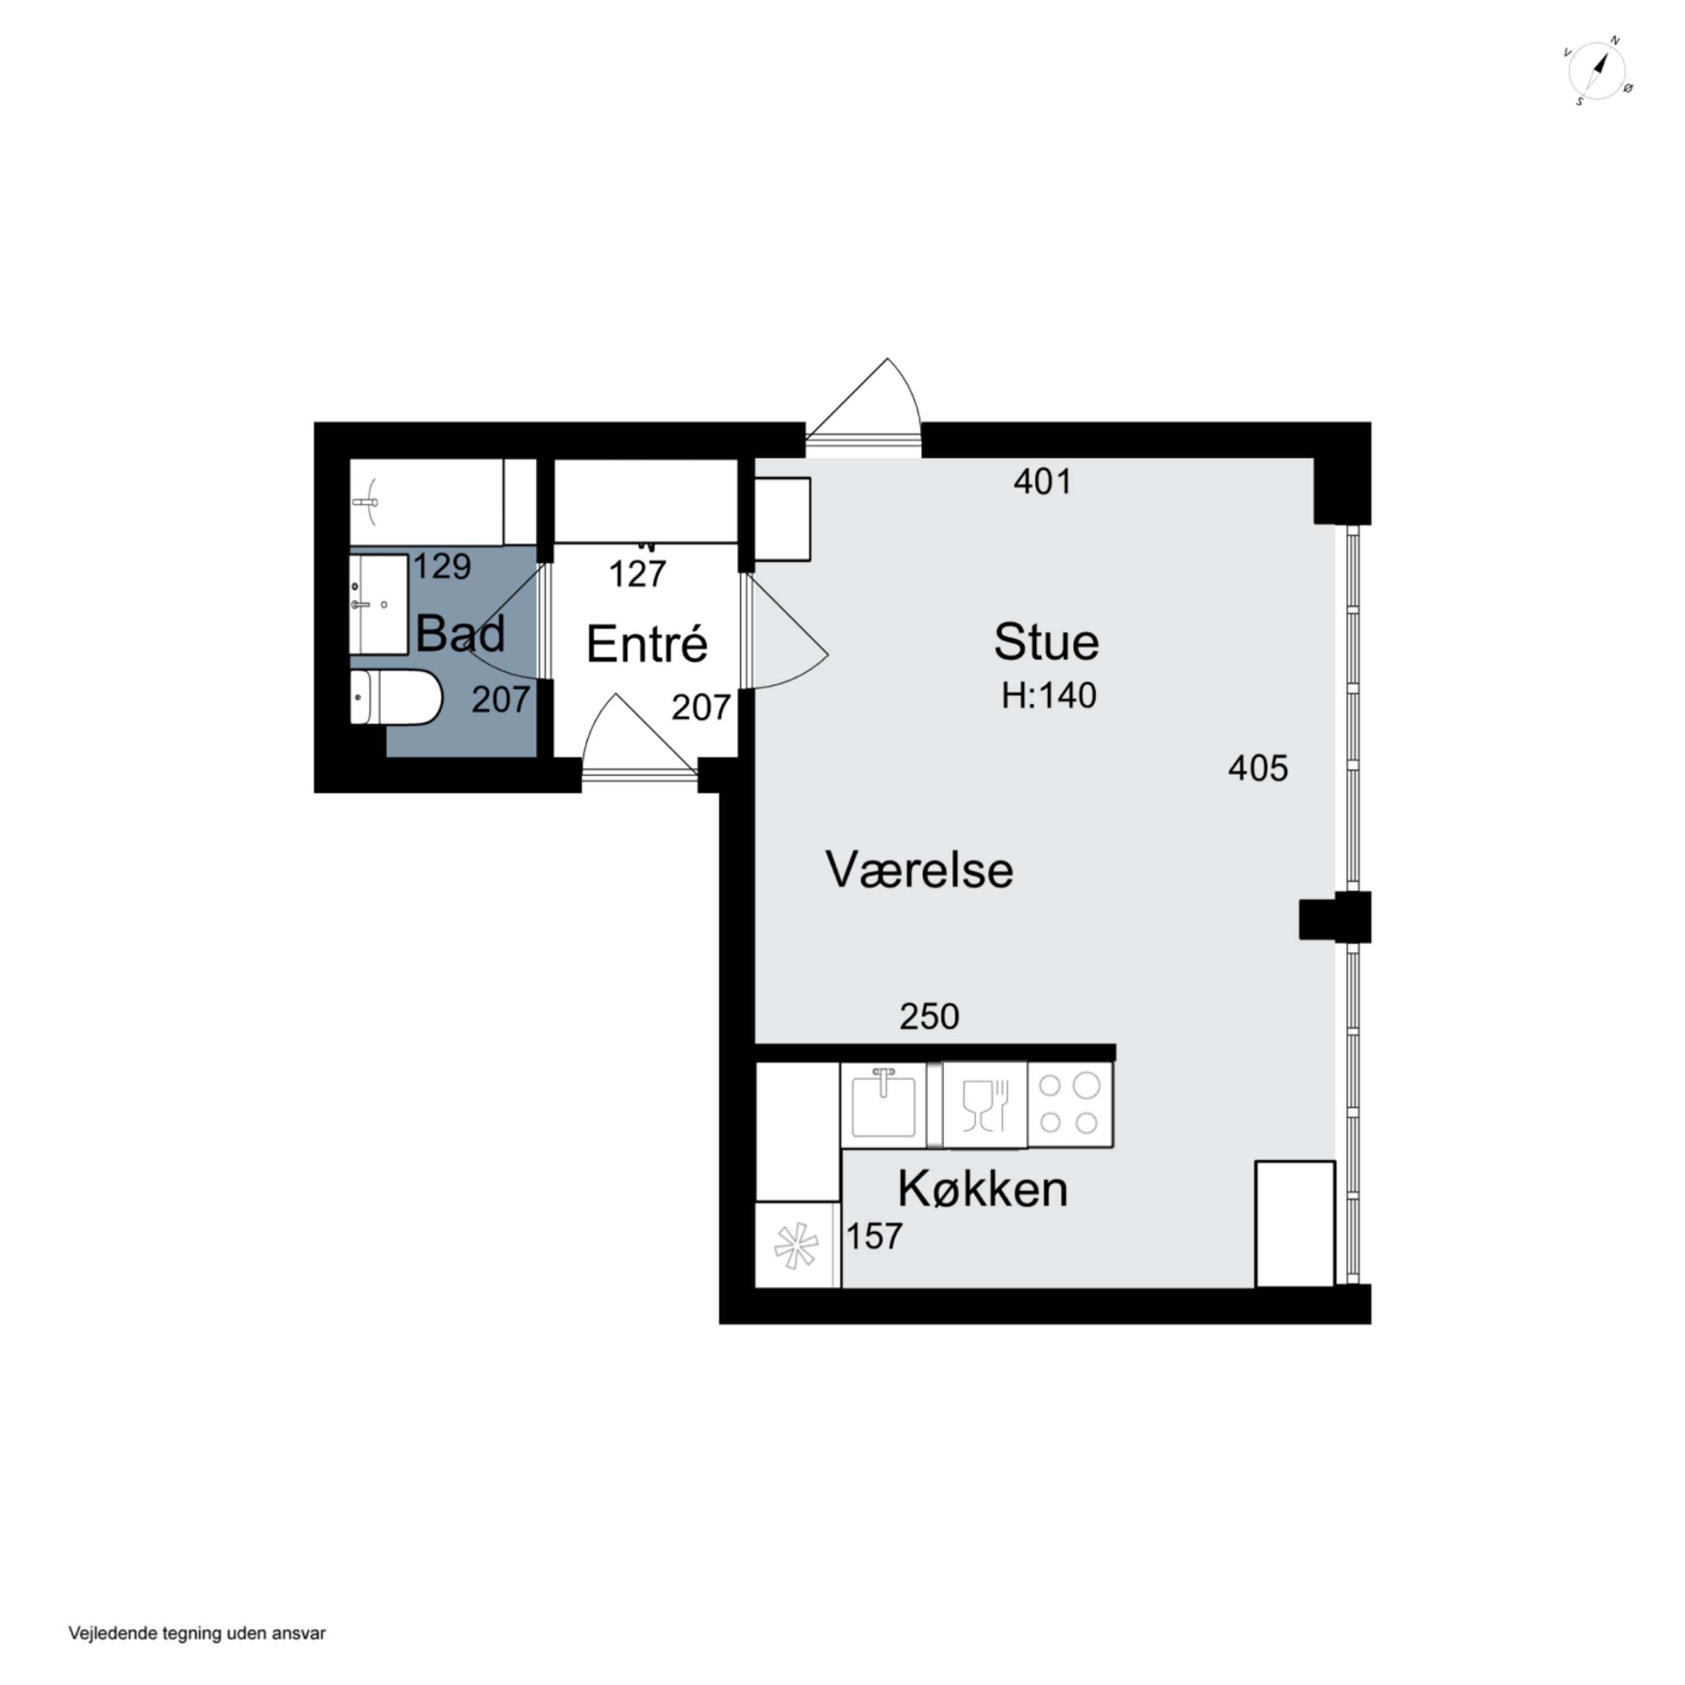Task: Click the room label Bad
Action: pos(461,634)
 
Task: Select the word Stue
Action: pos(1046,642)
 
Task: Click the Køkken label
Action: pos(983,1188)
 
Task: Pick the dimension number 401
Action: pos(1042,481)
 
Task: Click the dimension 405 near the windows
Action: pos(1258,768)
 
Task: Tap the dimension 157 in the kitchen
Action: pos(875,1237)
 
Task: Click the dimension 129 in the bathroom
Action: pos(442,567)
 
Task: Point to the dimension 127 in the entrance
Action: pos(637,574)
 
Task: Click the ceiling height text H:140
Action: pos(1049,695)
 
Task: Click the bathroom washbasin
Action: pos(379,604)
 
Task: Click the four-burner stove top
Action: pos(1070,1105)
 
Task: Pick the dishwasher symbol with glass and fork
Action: pos(985,1105)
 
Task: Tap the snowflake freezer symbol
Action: pos(797,1245)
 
